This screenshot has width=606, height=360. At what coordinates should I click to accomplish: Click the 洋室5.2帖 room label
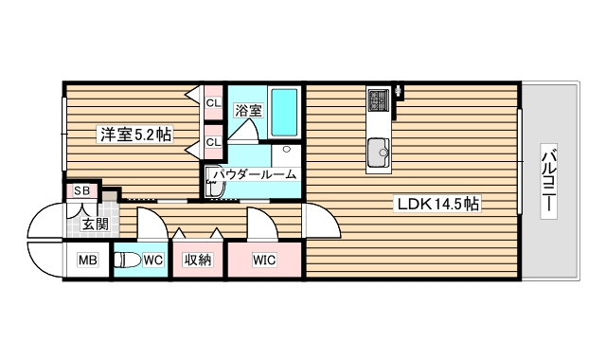[136, 135]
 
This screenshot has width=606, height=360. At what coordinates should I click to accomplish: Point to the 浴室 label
[248, 110]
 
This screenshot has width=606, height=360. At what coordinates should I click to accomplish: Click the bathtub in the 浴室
[284, 112]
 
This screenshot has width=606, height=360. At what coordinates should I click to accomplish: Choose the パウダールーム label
[254, 174]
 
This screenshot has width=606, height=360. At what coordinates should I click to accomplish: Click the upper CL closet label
[213, 102]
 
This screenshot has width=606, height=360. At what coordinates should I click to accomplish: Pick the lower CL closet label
[213, 143]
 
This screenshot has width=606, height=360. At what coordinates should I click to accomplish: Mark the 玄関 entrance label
[95, 225]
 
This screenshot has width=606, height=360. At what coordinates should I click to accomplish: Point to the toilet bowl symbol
[127, 260]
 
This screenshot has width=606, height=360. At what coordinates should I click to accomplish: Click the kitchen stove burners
[380, 100]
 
